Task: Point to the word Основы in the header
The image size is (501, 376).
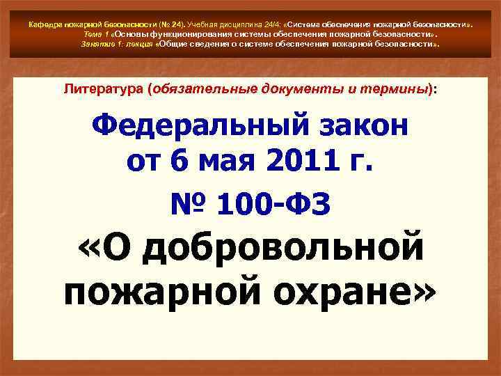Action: point(129,33)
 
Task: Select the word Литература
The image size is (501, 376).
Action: point(102,89)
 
